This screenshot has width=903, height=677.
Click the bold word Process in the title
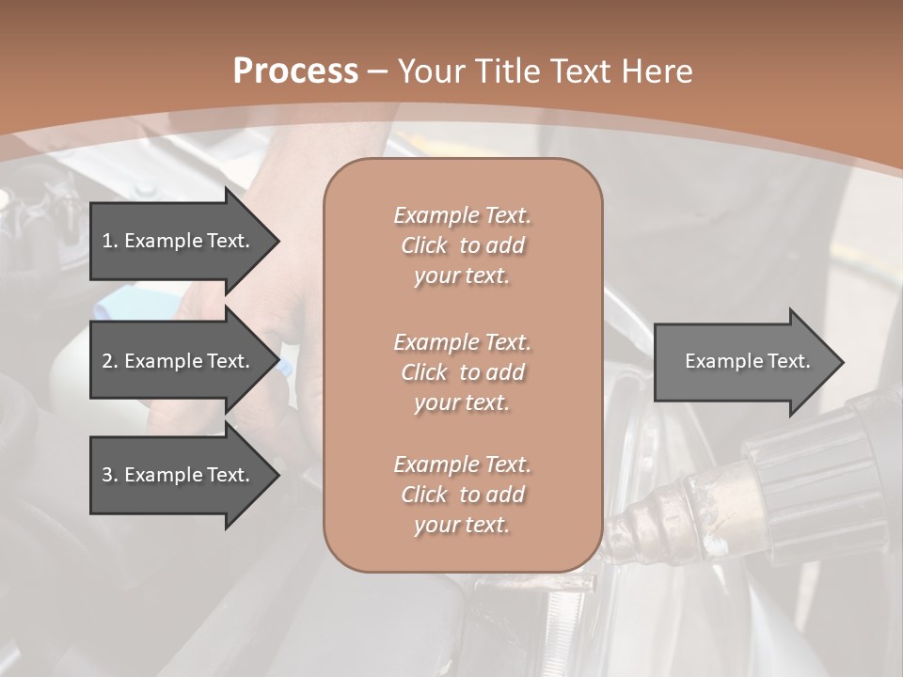295,71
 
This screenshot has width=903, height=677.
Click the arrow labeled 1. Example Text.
179,241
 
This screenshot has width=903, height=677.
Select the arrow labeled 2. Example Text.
179,361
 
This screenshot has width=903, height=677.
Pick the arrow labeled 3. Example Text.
179,475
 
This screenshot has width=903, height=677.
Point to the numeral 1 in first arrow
107,241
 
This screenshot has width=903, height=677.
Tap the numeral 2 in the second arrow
107,361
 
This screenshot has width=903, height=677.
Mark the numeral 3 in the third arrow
107,475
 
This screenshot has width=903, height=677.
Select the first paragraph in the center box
462,245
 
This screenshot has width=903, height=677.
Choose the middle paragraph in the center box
462,372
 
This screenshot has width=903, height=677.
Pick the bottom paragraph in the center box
462,495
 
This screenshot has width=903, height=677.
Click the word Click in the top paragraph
424,245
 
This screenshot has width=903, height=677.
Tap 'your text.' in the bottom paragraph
462,525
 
